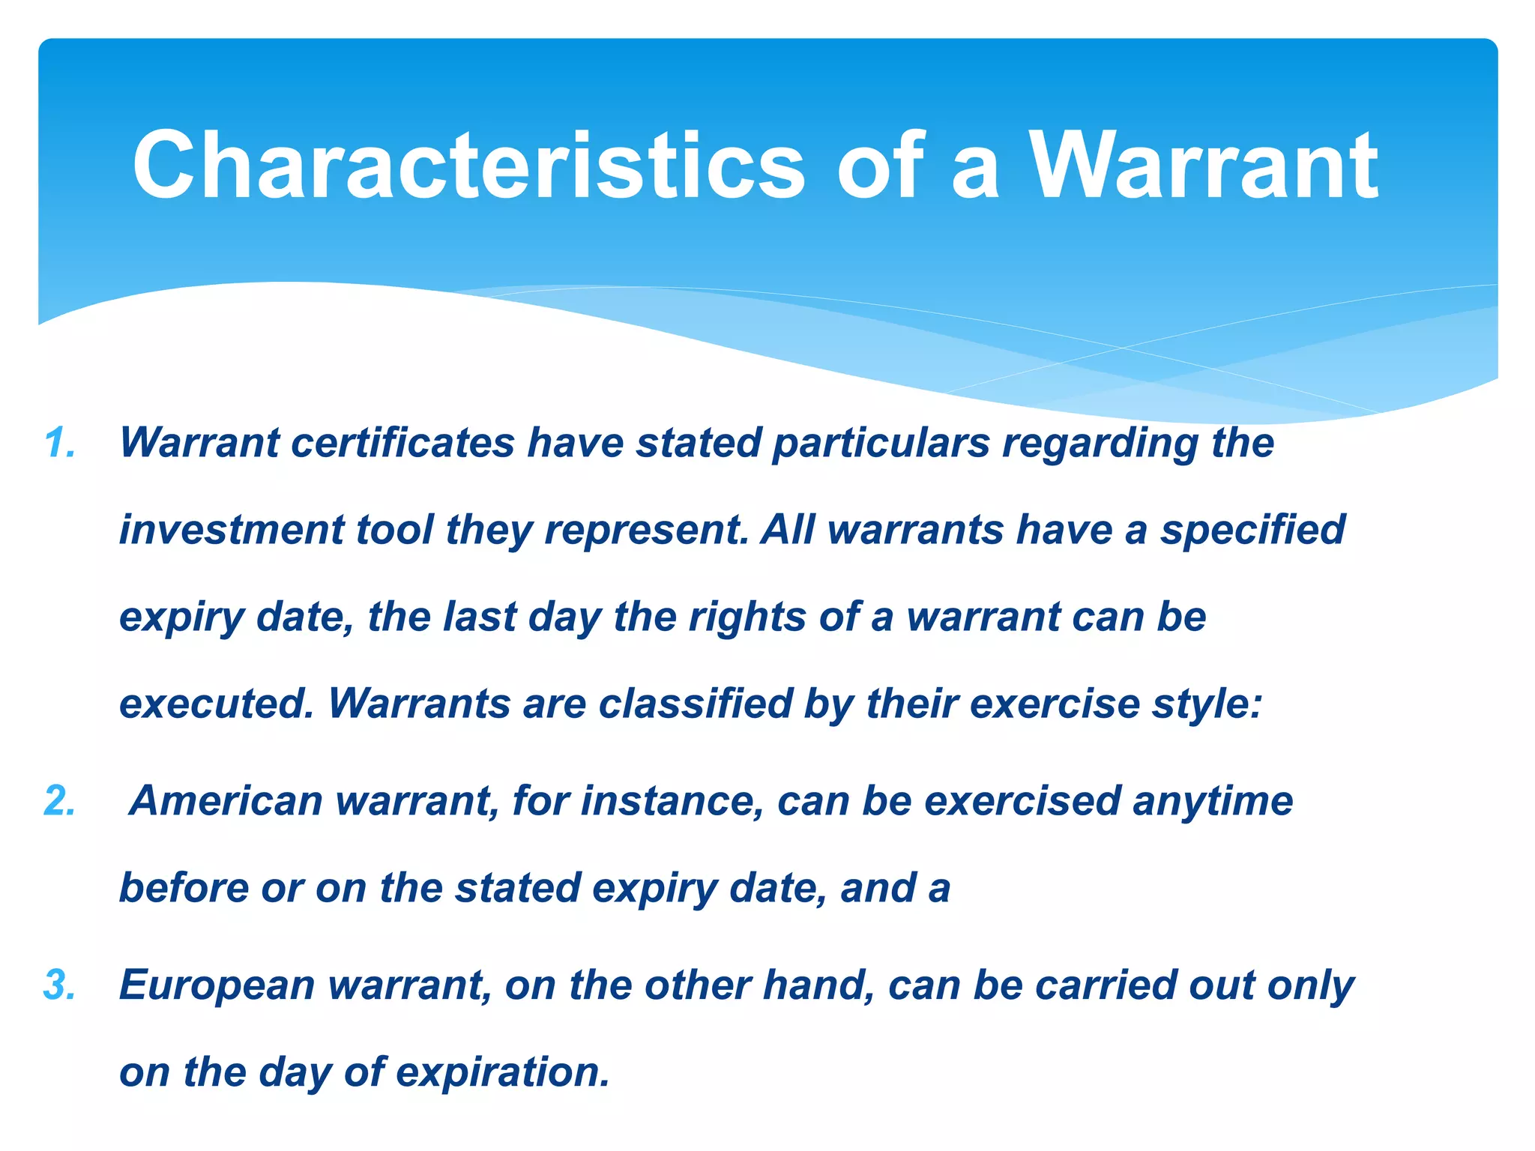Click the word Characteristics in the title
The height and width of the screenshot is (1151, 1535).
pos(468,166)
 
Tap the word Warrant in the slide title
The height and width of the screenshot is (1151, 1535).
pos(1204,166)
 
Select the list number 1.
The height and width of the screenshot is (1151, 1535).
pos(59,443)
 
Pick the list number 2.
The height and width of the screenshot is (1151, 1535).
pos(59,801)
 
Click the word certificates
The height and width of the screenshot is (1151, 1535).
pos(402,443)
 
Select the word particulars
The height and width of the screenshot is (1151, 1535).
pos(881,443)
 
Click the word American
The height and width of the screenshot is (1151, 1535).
pos(226,801)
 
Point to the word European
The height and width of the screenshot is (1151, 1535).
pos(217,986)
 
